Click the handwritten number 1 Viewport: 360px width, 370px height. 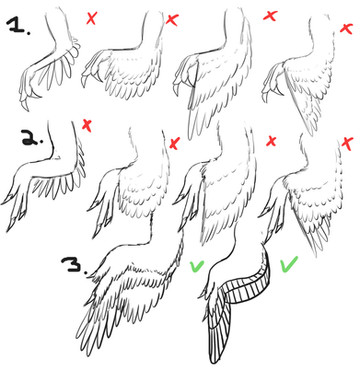[19, 25]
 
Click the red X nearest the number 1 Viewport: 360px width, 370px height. [91, 18]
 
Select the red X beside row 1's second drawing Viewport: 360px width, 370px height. [171, 20]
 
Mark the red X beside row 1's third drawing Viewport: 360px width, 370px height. [270, 15]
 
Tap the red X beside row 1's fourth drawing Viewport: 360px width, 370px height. [346, 27]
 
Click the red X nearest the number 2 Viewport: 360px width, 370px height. [87, 126]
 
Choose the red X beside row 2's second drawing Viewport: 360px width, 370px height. [174, 143]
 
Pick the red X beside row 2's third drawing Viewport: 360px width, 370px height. [271, 141]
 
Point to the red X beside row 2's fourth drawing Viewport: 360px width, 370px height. [347, 144]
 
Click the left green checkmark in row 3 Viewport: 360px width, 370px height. [197, 265]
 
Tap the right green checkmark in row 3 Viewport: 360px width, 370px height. [289, 264]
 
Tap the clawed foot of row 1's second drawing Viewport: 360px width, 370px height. [93, 71]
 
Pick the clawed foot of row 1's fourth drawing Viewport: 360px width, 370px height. [273, 83]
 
